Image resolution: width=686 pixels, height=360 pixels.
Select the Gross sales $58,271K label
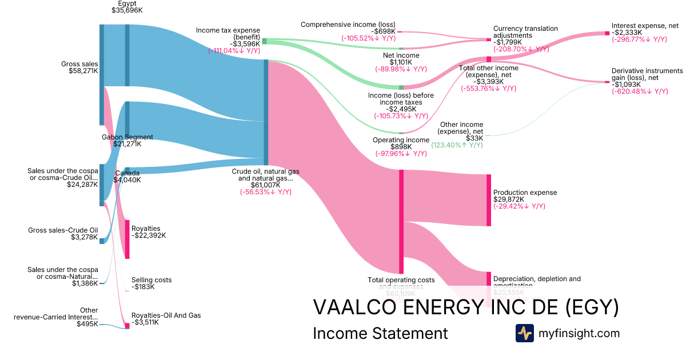(80, 67)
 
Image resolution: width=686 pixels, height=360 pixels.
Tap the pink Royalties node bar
(127, 239)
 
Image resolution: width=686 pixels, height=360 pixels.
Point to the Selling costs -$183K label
(151, 283)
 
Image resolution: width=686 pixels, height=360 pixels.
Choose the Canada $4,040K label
(127, 177)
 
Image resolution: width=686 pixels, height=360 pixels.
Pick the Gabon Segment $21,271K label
(127, 141)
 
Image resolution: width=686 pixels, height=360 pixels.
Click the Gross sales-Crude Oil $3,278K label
(63, 234)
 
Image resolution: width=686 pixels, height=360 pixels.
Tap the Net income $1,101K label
(401, 59)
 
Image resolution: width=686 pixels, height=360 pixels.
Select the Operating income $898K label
(400, 143)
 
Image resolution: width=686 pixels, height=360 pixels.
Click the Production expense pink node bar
(489, 200)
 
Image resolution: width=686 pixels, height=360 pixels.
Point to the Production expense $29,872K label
(525, 197)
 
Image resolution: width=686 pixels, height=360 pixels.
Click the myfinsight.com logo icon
(524, 333)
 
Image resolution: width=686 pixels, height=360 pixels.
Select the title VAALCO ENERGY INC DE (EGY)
(465, 307)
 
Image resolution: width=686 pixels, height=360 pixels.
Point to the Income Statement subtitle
(380, 334)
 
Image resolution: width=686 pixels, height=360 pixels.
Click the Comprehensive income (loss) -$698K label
(349, 28)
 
